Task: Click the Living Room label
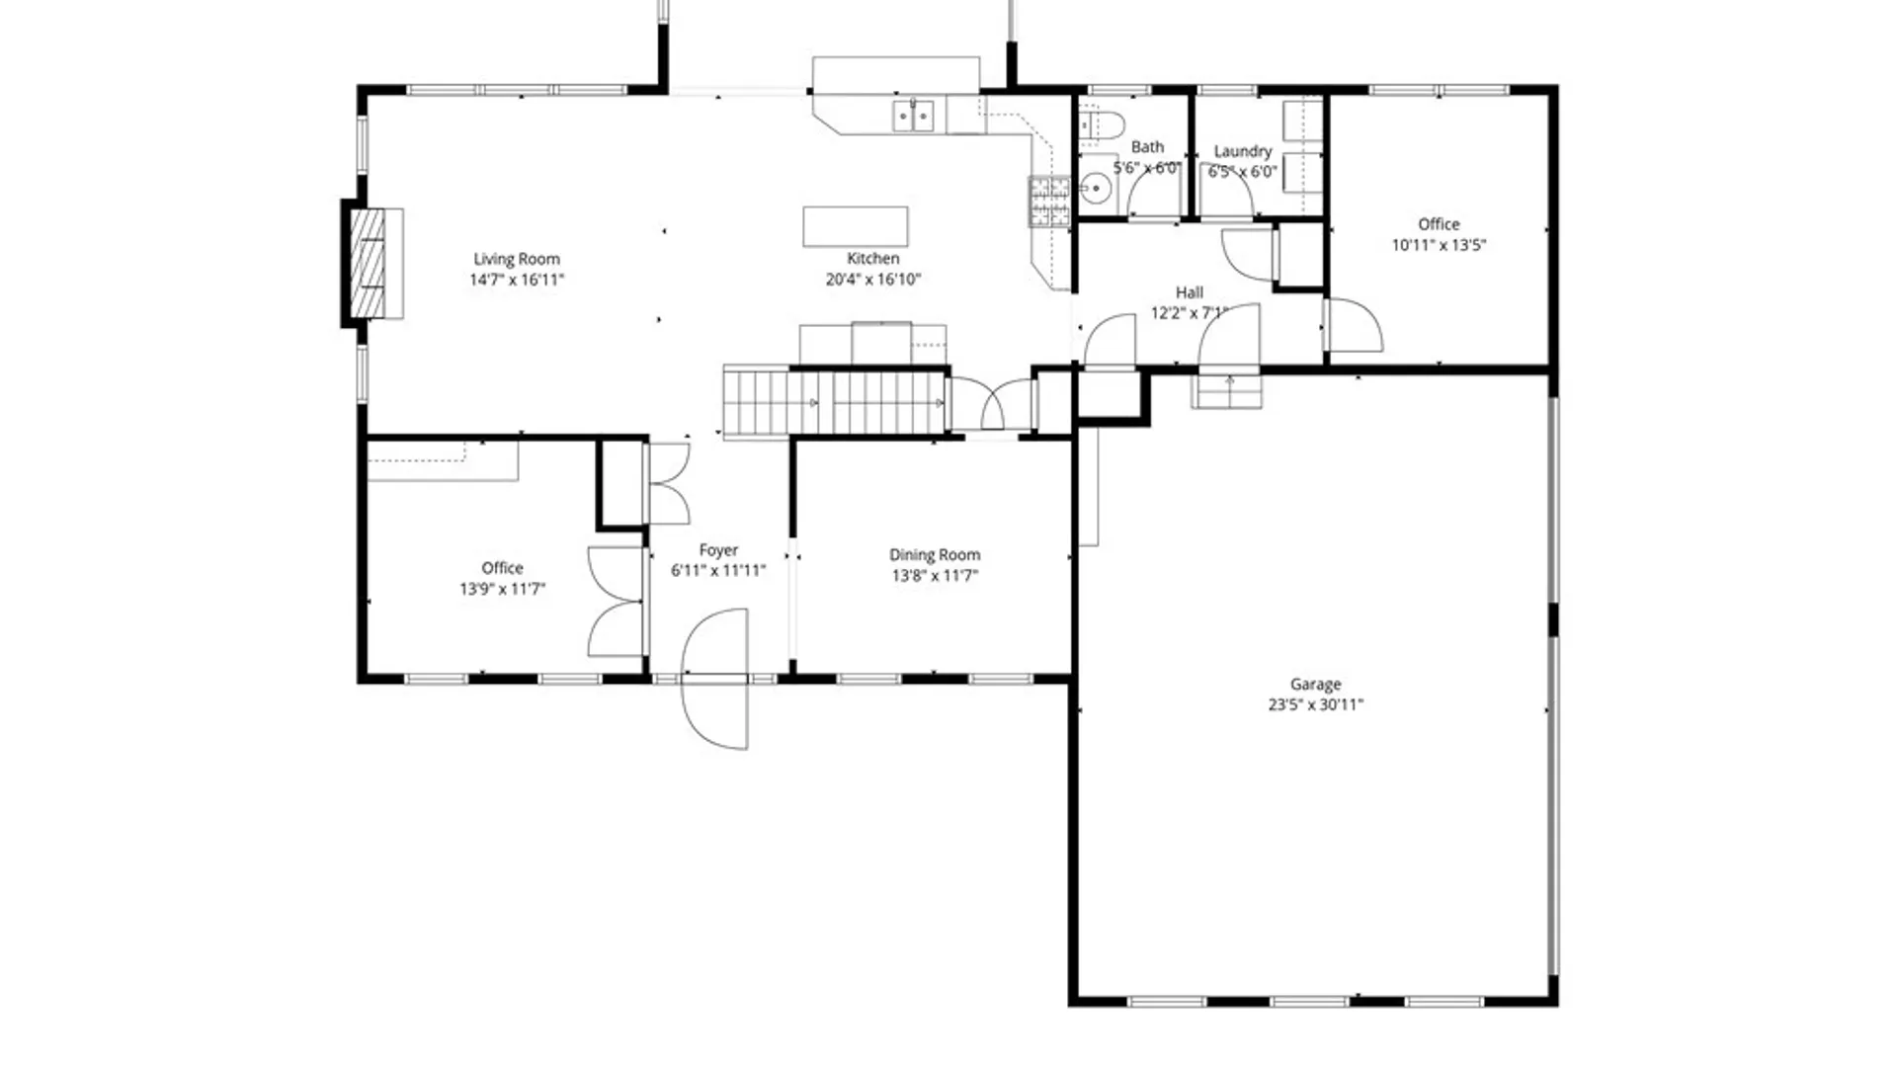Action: point(516,259)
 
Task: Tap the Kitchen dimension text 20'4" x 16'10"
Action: point(873,280)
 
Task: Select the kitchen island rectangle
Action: point(855,226)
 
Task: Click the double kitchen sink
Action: point(913,116)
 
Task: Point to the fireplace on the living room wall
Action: point(370,263)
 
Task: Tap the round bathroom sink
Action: point(1095,188)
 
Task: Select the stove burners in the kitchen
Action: point(1049,202)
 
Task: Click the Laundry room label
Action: point(1242,151)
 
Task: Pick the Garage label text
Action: point(1315,684)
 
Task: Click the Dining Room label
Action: point(935,555)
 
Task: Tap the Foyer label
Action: point(718,550)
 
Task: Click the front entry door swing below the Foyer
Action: point(715,680)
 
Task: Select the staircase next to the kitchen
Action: point(835,403)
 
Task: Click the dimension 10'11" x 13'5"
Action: point(1439,245)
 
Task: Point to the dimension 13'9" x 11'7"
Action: point(502,589)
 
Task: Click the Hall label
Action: point(1190,292)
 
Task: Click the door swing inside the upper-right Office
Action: point(1353,327)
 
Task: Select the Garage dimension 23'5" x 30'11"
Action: point(1315,704)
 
